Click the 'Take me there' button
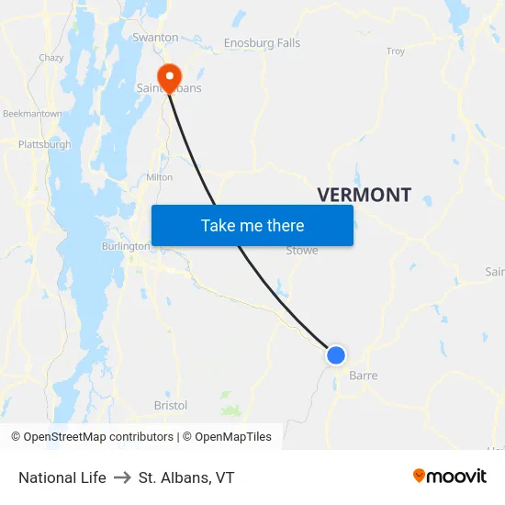252,225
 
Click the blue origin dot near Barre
336,354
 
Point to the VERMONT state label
364,195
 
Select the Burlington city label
126,247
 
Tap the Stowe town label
302,250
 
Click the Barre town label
363,376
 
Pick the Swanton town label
155,38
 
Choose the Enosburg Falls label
262,43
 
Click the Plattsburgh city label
44,145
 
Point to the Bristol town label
171,405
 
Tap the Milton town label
159,177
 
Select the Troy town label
396,51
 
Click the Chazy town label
51,58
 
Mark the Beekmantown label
32,114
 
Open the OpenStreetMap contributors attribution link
98,437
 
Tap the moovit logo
449,476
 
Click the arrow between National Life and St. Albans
122,477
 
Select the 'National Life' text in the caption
62,477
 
